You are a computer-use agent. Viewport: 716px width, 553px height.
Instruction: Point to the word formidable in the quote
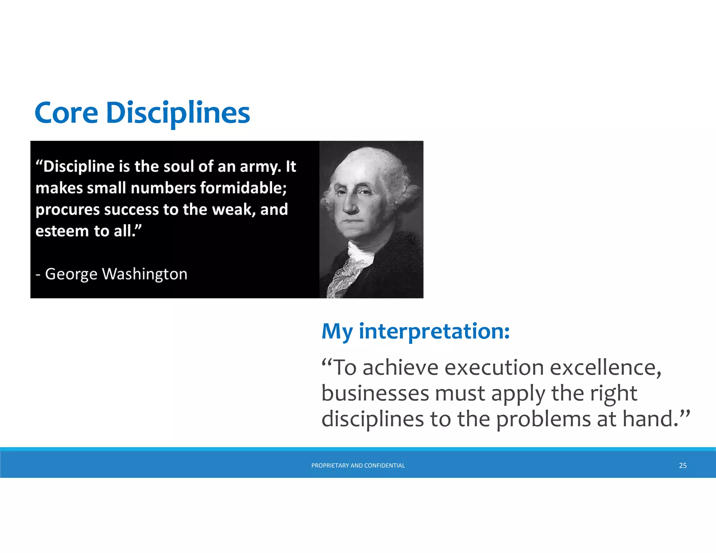[x=243, y=188]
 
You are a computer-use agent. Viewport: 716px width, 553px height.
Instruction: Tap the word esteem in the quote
[x=62, y=231]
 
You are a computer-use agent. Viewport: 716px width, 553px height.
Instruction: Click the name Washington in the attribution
[x=144, y=274]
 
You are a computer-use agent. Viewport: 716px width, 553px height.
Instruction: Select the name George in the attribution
[x=71, y=274]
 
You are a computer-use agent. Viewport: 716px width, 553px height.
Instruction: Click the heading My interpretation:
[x=415, y=331]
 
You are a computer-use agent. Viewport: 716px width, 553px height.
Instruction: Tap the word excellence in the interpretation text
[x=605, y=368]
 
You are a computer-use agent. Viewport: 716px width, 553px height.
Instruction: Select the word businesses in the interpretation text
[x=375, y=393]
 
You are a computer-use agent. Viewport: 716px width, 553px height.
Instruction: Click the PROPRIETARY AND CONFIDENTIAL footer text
[x=358, y=465]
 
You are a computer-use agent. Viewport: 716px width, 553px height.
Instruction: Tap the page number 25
[x=682, y=465]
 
